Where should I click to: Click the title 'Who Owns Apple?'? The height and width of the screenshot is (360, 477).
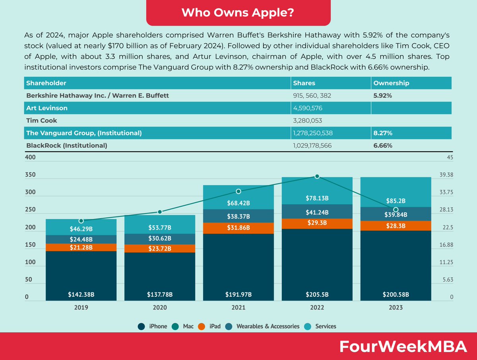238,12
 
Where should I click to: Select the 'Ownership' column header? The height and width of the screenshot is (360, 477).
391,83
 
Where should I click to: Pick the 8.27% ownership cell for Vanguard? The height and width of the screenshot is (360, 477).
383,133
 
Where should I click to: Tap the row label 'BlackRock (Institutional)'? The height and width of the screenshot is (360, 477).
67,146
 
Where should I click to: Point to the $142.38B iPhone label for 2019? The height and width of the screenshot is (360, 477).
81,295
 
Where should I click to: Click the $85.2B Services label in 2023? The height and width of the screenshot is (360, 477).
396,200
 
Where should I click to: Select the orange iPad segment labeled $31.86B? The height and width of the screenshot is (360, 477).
238,228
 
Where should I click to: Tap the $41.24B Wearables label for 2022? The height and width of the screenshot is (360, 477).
317,212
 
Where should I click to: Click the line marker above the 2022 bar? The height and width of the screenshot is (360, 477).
317,176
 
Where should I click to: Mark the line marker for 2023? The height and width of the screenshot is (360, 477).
396,210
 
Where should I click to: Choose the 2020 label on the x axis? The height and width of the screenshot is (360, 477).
160,307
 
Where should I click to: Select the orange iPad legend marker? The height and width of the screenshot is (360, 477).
202,327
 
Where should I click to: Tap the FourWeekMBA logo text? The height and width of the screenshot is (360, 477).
403,347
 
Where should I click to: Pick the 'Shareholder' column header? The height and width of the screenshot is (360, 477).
46,83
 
